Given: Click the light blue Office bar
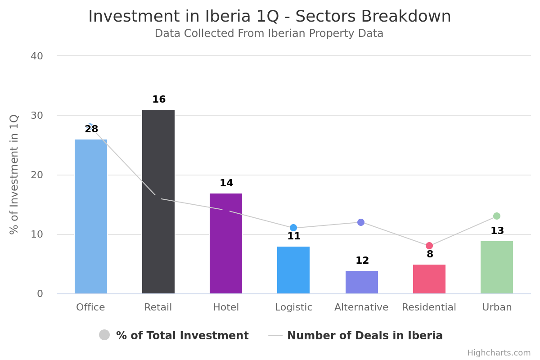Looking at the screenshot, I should click(91, 216).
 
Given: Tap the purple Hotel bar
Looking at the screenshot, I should click(226, 243).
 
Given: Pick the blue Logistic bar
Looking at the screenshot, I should click(293, 270).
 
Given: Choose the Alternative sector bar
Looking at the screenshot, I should click(362, 282).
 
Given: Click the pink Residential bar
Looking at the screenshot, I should click(429, 279).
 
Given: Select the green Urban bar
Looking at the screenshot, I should click(497, 267).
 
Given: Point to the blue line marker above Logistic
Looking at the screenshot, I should click(293, 228).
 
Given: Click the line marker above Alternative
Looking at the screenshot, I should click(361, 222).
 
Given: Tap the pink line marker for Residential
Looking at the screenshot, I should click(429, 246).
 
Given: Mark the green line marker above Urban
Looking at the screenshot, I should click(497, 216).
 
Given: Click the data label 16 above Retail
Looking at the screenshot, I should click(159, 99).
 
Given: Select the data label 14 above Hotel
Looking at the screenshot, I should click(226, 183).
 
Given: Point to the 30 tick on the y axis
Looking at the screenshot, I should click(37, 116).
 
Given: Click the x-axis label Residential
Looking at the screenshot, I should click(429, 307).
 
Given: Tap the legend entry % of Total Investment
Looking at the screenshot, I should click(174, 336).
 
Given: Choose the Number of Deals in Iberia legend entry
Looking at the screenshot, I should click(355, 336).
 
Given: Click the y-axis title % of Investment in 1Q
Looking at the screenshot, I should click(14, 175).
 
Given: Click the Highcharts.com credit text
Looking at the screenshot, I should click(499, 353).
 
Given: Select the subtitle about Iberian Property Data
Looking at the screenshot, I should click(269, 34).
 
